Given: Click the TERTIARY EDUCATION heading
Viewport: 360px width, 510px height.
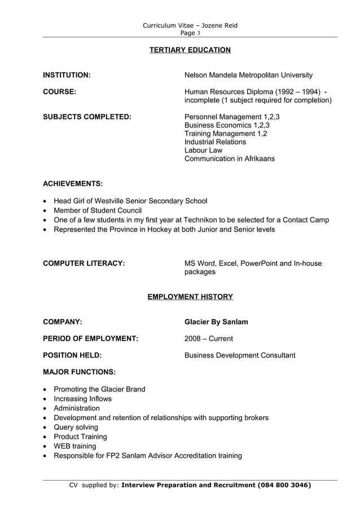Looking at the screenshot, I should coord(190,50).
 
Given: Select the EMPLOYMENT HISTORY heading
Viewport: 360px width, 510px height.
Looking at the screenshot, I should coord(190,297).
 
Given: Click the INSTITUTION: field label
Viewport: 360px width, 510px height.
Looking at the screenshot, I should coord(67,75).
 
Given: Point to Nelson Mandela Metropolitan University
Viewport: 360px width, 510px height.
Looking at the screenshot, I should coord(248,75).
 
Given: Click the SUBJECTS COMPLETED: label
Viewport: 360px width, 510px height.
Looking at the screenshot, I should coord(87,117).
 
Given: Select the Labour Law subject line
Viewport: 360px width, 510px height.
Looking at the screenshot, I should coord(203,150).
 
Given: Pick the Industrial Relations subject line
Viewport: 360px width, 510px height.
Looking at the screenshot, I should coord(215,142).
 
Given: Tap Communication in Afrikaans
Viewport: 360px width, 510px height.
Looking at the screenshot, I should coord(230,159).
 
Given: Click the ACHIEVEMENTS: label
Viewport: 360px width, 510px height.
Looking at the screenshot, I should coord(73,184).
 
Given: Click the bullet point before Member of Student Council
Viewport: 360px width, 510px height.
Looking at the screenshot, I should coord(45,211).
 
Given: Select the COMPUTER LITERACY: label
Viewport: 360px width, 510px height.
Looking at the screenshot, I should coord(84,263).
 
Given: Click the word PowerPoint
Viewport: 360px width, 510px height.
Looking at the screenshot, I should coord(258,263).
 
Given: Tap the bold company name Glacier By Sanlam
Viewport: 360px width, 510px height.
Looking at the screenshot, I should coord(216,322).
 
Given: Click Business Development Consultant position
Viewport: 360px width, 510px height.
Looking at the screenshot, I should coord(240,355).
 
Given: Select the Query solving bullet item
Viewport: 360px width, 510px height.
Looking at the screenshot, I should coord(76,427).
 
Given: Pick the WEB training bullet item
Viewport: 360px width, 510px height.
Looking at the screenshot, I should coord(74,446).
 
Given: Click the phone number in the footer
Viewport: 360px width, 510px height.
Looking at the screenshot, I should coord(283,485).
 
